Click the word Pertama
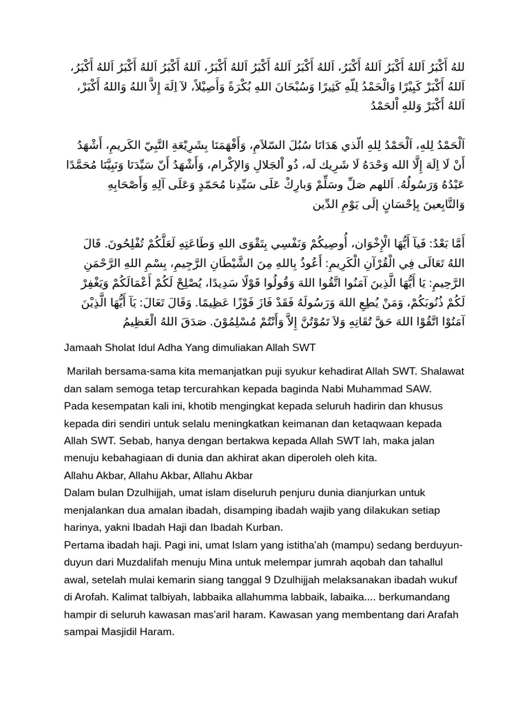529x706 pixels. (x=83, y=545)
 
